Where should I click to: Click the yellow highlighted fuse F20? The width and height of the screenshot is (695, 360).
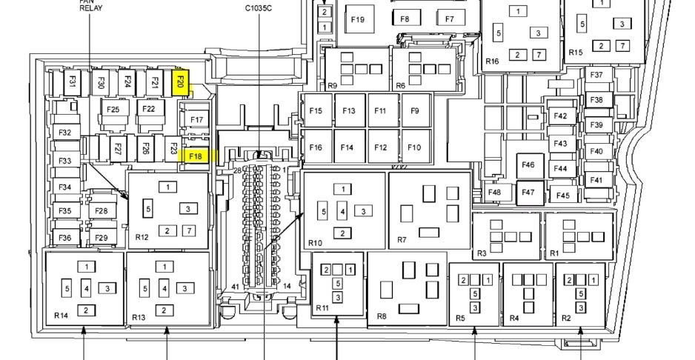[180, 82]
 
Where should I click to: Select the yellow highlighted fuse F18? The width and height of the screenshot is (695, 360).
[196, 156]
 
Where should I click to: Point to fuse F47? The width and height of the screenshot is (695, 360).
[530, 193]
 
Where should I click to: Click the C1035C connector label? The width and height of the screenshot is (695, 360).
[259, 8]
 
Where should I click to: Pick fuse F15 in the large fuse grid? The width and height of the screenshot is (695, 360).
[316, 110]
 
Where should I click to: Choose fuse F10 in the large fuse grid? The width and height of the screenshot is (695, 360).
[415, 147]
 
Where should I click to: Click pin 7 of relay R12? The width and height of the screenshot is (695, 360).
[189, 230]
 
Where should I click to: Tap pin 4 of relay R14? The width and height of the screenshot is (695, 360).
[87, 289]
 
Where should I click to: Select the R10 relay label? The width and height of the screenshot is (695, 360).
[315, 243]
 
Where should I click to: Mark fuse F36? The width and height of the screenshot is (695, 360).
[65, 238]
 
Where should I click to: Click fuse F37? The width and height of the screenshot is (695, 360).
[597, 75]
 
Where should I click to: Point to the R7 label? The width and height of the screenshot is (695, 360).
[402, 240]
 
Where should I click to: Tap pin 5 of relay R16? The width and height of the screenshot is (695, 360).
[499, 33]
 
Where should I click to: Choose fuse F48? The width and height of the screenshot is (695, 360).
[493, 193]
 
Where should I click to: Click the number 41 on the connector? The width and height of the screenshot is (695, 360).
[236, 287]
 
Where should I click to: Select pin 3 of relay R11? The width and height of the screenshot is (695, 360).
[338, 298]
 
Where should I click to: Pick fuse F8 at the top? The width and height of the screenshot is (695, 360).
[405, 19]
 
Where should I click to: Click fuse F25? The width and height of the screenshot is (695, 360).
[113, 109]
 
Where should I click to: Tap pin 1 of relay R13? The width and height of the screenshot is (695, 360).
[164, 267]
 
